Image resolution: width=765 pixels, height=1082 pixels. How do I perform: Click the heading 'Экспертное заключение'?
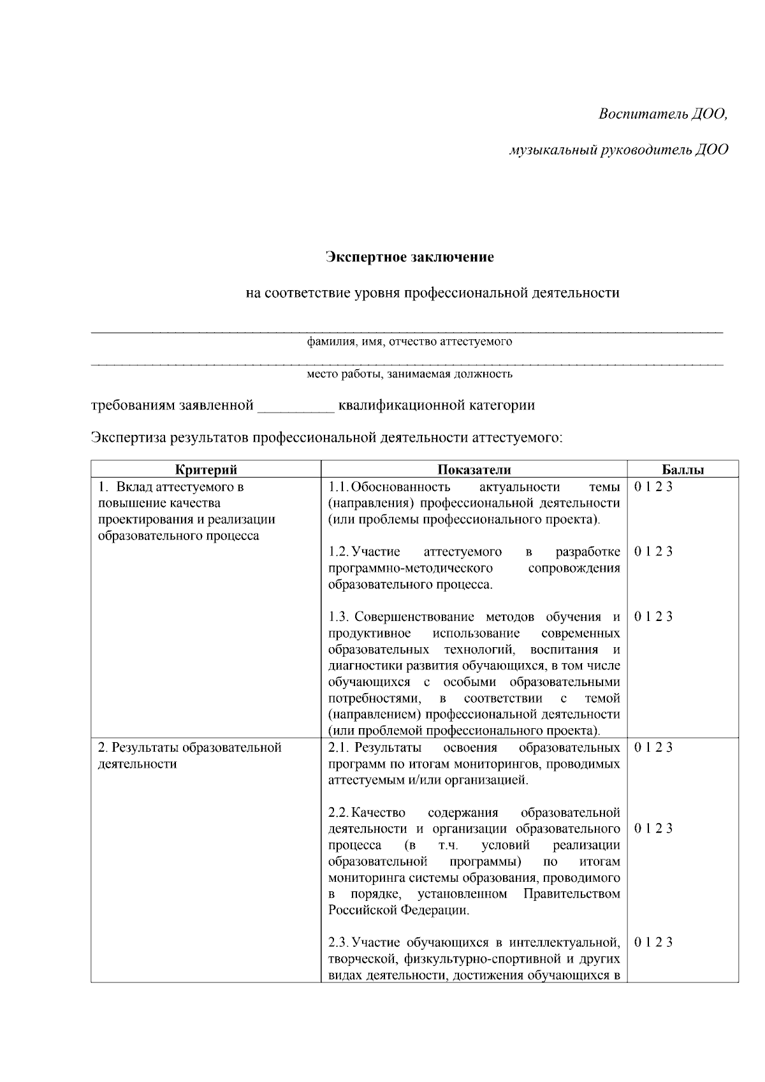(410, 258)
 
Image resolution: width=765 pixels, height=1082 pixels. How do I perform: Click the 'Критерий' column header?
(206, 470)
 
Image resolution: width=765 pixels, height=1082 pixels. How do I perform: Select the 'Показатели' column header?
(474, 470)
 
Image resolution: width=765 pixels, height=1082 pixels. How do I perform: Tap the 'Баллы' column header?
(683, 470)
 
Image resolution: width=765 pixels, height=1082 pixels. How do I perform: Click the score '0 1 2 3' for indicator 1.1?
(653, 487)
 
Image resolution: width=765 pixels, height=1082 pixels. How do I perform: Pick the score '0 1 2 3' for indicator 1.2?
(653, 552)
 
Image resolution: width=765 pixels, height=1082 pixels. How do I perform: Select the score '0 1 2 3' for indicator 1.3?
(653, 617)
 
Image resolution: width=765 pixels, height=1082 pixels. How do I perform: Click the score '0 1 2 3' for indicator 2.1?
(653, 747)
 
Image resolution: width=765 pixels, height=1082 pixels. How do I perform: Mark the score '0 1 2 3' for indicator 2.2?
(653, 829)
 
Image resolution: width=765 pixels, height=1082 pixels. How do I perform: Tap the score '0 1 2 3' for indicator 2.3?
(653, 942)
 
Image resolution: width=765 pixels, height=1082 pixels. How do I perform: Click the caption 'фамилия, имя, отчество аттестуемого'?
(410, 342)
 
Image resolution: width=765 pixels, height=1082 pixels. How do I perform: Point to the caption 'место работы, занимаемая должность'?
(410, 374)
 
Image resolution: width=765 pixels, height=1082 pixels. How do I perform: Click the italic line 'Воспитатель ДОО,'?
(663, 114)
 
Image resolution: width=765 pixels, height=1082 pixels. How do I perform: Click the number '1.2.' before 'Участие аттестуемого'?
(339, 552)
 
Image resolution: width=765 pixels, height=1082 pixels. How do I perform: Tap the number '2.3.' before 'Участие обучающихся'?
(339, 942)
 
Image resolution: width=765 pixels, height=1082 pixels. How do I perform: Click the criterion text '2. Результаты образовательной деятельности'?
(189, 756)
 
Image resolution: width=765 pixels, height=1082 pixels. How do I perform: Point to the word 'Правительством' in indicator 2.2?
(571, 894)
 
